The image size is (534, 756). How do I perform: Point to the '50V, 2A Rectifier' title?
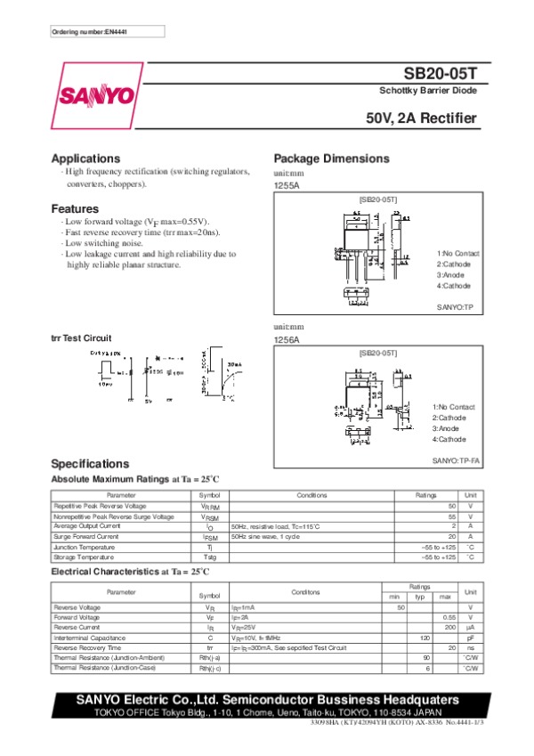click(421, 118)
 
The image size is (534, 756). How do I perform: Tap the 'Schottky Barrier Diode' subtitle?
click(427, 92)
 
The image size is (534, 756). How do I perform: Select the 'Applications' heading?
click(85, 159)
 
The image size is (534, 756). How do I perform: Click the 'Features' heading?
click(75, 208)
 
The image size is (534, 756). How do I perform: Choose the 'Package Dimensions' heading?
click(331, 159)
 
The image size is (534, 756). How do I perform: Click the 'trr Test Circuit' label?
click(81, 338)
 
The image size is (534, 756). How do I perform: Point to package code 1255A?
click(287, 185)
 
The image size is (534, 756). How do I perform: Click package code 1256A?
click(287, 340)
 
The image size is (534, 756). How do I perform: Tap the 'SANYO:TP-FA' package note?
click(456, 460)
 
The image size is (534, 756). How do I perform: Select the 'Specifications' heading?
click(90, 464)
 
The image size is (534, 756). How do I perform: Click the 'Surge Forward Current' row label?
click(86, 537)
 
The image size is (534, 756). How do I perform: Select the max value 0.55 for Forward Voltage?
click(449, 617)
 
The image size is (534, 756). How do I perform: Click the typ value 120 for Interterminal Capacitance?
click(425, 638)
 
